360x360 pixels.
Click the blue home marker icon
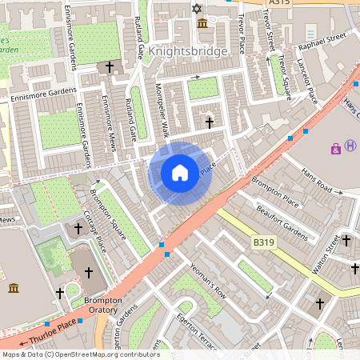point(180,172)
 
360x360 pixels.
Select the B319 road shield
point(263,241)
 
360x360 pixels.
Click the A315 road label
point(279,3)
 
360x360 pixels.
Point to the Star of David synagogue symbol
point(197,9)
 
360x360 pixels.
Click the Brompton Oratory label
point(102,306)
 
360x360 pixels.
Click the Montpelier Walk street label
point(162,112)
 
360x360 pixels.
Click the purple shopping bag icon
point(335,148)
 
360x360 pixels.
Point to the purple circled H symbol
point(350,145)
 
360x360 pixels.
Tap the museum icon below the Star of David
point(202,23)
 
